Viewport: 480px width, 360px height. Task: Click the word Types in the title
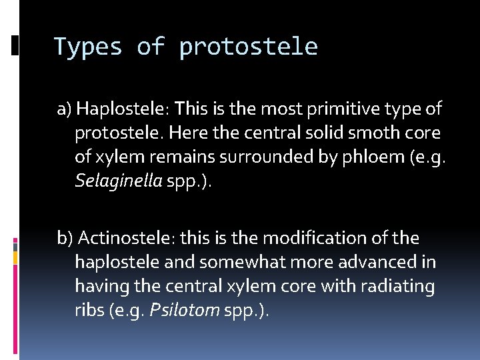[x=87, y=47]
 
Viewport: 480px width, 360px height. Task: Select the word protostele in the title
[x=248, y=47]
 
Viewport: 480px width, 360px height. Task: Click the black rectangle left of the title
[x=15, y=45]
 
